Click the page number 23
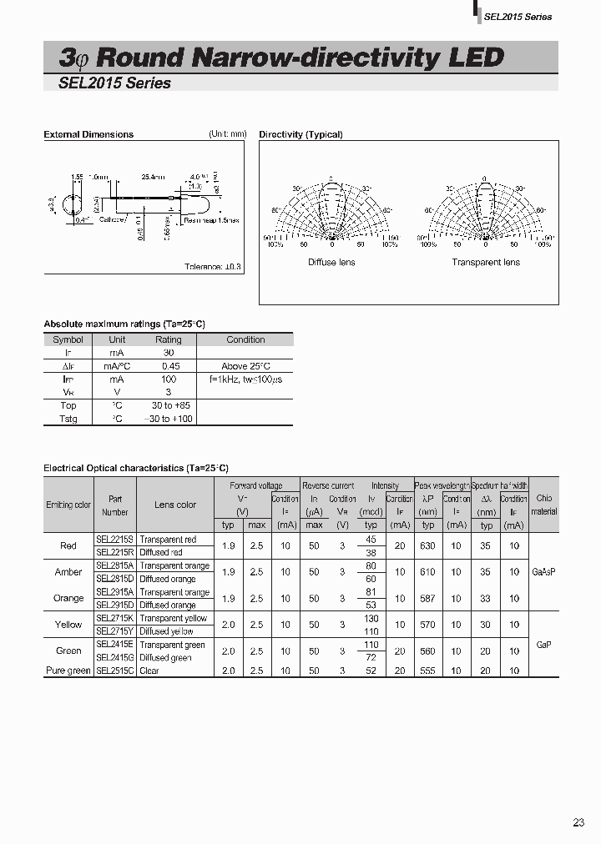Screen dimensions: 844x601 (x=578, y=823)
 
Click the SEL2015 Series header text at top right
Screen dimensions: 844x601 (x=518, y=17)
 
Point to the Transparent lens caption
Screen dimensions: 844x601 (x=486, y=262)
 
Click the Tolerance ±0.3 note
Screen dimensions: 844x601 (x=213, y=266)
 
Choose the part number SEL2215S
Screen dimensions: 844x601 (x=114, y=540)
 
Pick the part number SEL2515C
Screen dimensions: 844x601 (x=114, y=671)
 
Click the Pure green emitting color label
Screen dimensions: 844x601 (x=68, y=671)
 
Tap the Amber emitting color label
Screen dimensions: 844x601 (x=68, y=572)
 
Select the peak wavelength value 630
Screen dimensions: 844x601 (x=428, y=546)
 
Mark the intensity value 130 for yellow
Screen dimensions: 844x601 (x=371, y=618)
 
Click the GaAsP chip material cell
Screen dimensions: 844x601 (x=543, y=572)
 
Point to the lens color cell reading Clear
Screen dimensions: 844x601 (x=150, y=671)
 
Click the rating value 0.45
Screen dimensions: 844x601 (x=169, y=366)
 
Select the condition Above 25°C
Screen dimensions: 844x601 (x=245, y=366)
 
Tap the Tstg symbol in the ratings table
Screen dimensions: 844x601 (x=68, y=419)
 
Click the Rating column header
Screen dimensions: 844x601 (x=169, y=339)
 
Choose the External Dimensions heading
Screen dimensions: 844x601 (x=88, y=134)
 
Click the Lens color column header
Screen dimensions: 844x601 (x=175, y=505)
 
